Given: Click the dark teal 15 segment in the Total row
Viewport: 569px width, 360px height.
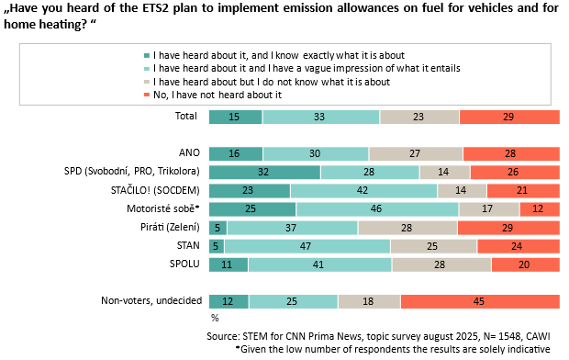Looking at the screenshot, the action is tap(236, 117).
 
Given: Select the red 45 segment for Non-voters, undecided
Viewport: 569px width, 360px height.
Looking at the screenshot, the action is tap(480, 301).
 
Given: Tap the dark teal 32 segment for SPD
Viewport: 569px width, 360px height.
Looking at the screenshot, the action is tap(265, 172).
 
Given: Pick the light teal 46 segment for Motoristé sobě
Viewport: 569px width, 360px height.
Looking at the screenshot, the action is tap(377, 209).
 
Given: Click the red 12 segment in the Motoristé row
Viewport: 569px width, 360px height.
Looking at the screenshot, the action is tap(540, 209).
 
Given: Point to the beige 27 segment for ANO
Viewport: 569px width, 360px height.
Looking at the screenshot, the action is tap(416, 153).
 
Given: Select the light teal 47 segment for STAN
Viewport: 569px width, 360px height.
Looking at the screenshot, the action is tap(307, 246).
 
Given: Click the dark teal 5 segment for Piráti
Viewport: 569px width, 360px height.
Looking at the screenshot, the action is tap(218, 228).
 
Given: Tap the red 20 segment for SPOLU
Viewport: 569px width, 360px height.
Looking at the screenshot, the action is tap(526, 264).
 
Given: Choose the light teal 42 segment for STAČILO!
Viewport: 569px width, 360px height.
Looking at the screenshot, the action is tap(363, 191).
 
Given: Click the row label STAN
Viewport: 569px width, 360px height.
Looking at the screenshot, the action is tap(188, 245).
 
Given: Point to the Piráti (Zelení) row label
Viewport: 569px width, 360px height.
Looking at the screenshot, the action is tap(170, 228).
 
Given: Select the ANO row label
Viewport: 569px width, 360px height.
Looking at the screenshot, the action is tap(189, 152).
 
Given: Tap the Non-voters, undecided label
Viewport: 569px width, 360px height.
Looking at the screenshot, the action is tap(151, 301).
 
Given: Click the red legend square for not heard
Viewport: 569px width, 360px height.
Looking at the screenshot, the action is tap(147, 95).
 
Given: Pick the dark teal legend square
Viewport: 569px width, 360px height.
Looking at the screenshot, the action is tap(147, 56).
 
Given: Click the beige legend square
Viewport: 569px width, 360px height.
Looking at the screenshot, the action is tap(147, 82).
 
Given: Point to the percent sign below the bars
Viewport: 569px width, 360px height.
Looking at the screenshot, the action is tap(215, 319).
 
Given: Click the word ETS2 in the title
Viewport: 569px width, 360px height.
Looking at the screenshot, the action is tap(155, 7).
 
